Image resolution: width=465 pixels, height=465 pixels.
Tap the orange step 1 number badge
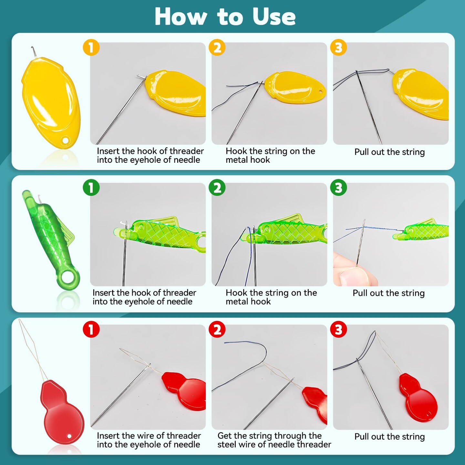pyautogui.click(x=91, y=47)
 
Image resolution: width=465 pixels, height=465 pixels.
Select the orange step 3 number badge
pyautogui.click(x=338, y=47)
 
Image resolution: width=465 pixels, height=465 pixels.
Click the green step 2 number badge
pyautogui.click(x=217, y=188)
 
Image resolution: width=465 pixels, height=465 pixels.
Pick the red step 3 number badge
pyautogui.click(x=338, y=329)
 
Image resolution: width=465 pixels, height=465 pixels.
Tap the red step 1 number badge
pyautogui.click(x=91, y=329)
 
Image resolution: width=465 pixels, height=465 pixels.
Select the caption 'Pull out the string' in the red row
pyautogui.click(x=389, y=437)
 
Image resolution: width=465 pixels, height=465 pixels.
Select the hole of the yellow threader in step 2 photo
pyautogui.click(x=320, y=91)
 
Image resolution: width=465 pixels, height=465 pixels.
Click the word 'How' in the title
pyautogui.click(x=181, y=17)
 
